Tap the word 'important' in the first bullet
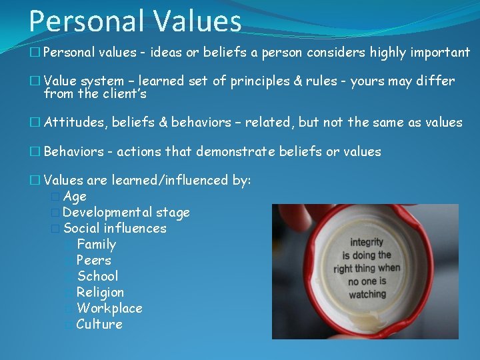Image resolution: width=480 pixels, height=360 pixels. click(x=441, y=53)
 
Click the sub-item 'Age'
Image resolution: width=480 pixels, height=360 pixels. click(x=75, y=197)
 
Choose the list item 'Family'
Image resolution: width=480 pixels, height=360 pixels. click(x=96, y=245)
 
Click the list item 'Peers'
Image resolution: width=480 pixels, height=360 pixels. click(x=94, y=261)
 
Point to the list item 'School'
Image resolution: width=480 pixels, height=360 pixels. click(x=97, y=277)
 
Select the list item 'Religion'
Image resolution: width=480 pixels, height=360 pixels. click(x=100, y=293)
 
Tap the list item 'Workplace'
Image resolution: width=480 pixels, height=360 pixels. click(x=109, y=309)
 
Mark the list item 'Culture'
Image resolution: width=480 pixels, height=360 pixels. click(x=99, y=325)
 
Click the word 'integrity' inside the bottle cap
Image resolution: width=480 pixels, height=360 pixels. click(x=367, y=243)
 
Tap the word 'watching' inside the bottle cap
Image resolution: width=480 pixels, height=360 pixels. click(x=367, y=294)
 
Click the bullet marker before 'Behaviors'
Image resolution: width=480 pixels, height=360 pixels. click(x=36, y=152)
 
